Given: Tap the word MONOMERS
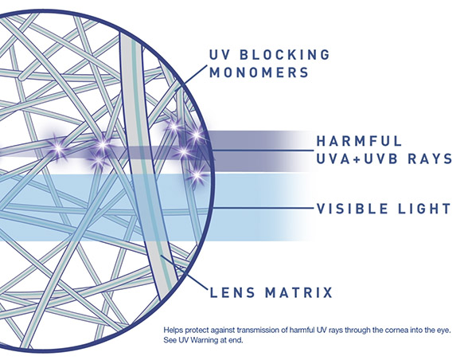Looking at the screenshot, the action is (259, 72).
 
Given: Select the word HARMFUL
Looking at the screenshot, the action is (360, 141).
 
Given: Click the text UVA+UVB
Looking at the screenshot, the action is (357, 158).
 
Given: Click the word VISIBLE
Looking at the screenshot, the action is (353, 209).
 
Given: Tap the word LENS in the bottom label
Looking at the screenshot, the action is (232, 292).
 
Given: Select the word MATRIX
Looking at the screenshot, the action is (299, 292).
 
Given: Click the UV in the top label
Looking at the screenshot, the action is (220, 55).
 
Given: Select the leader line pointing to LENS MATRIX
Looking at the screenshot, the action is (184, 272).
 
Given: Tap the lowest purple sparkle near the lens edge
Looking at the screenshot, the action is (197, 174).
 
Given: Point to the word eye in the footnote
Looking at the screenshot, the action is (444, 331).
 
